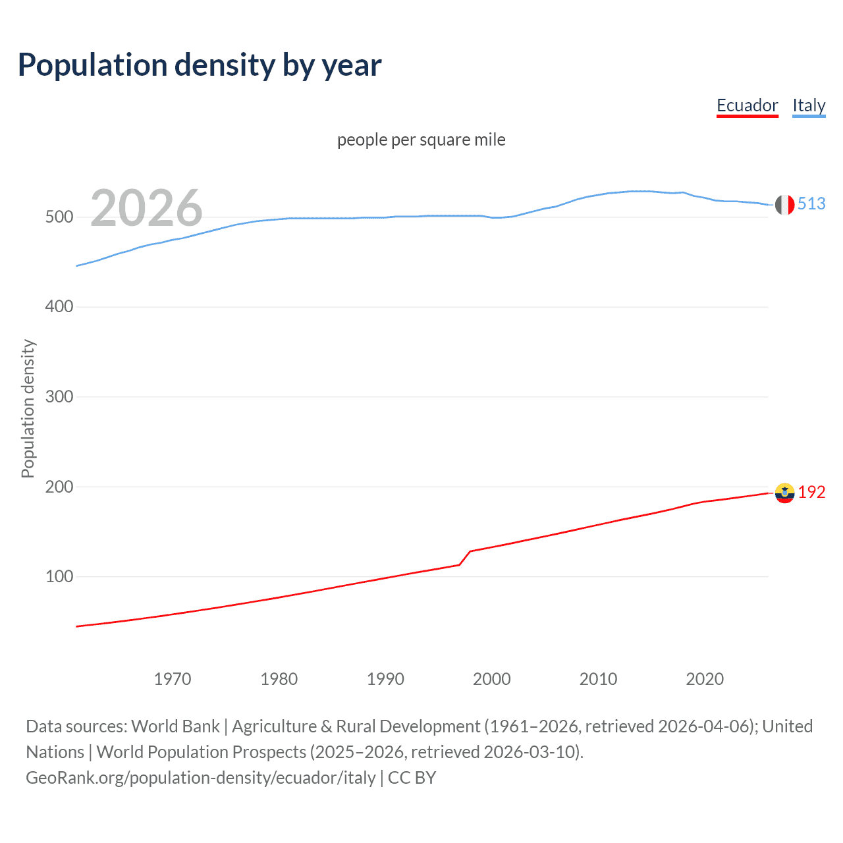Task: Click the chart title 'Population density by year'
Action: (x=200, y=65)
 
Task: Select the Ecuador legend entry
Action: (x=747, y=105)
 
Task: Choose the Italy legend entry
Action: (x=809, y=105)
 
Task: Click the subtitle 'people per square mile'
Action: (x=421, y=140)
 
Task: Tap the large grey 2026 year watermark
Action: (x=146, y=208)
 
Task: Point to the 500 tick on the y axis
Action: (x=59, y=217)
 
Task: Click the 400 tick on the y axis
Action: (x=59, y=307)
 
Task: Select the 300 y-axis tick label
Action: (x=59, y=397)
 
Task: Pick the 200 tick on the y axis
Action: (x=59, y=487)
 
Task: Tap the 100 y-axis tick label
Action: (x=59, y=577)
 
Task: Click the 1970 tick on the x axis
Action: (x=173, y=679)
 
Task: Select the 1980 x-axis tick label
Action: (x=279, y=679)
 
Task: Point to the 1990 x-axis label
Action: (x=385, y=679)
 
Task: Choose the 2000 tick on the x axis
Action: (x=492, y=679)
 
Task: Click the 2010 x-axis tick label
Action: (x=599, y=679)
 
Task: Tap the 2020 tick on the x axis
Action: (x=705, y=679)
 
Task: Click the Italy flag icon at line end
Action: (x=784, y=205)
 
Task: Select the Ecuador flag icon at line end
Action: (x=784, y=493)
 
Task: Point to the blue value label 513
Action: (x=811, y=204)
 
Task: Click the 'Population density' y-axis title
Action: (x=28, y=408)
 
